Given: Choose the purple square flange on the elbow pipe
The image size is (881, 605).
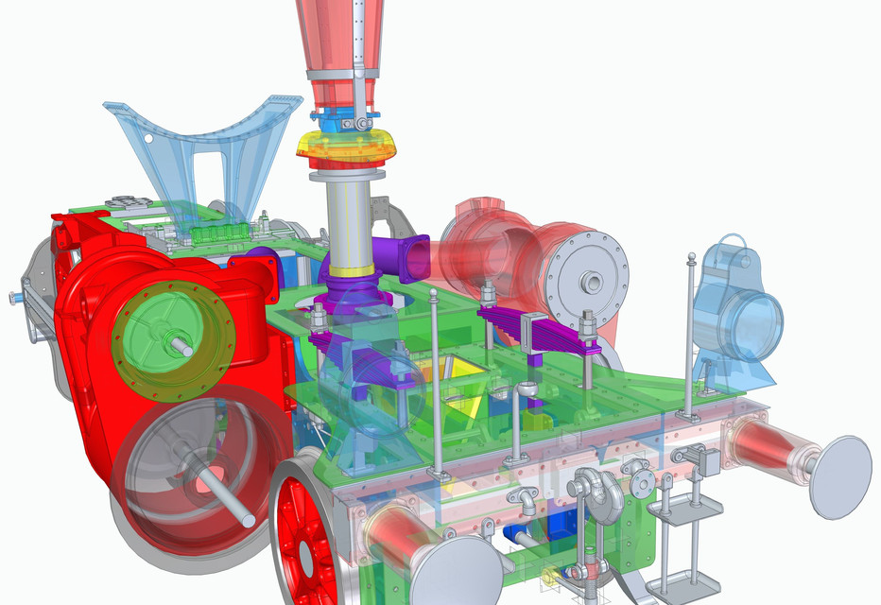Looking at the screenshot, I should [x=413, y=257].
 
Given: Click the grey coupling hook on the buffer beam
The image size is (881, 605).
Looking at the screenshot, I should [x=596, y=492].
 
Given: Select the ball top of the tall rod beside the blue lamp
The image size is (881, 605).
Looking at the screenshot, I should [x=692, y=256].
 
